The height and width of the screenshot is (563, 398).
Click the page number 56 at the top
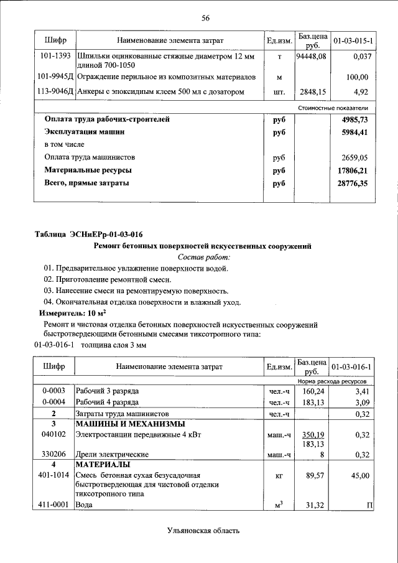click(205, 18)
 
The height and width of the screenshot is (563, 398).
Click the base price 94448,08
click(311, 56)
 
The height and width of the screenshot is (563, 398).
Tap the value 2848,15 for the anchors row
click(311, 92)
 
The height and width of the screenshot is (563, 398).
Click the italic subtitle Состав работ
click(204, 257)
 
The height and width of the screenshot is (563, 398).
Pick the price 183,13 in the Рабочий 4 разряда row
click(311, 402)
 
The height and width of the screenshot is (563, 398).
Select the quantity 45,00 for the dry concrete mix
click(359, 475)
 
